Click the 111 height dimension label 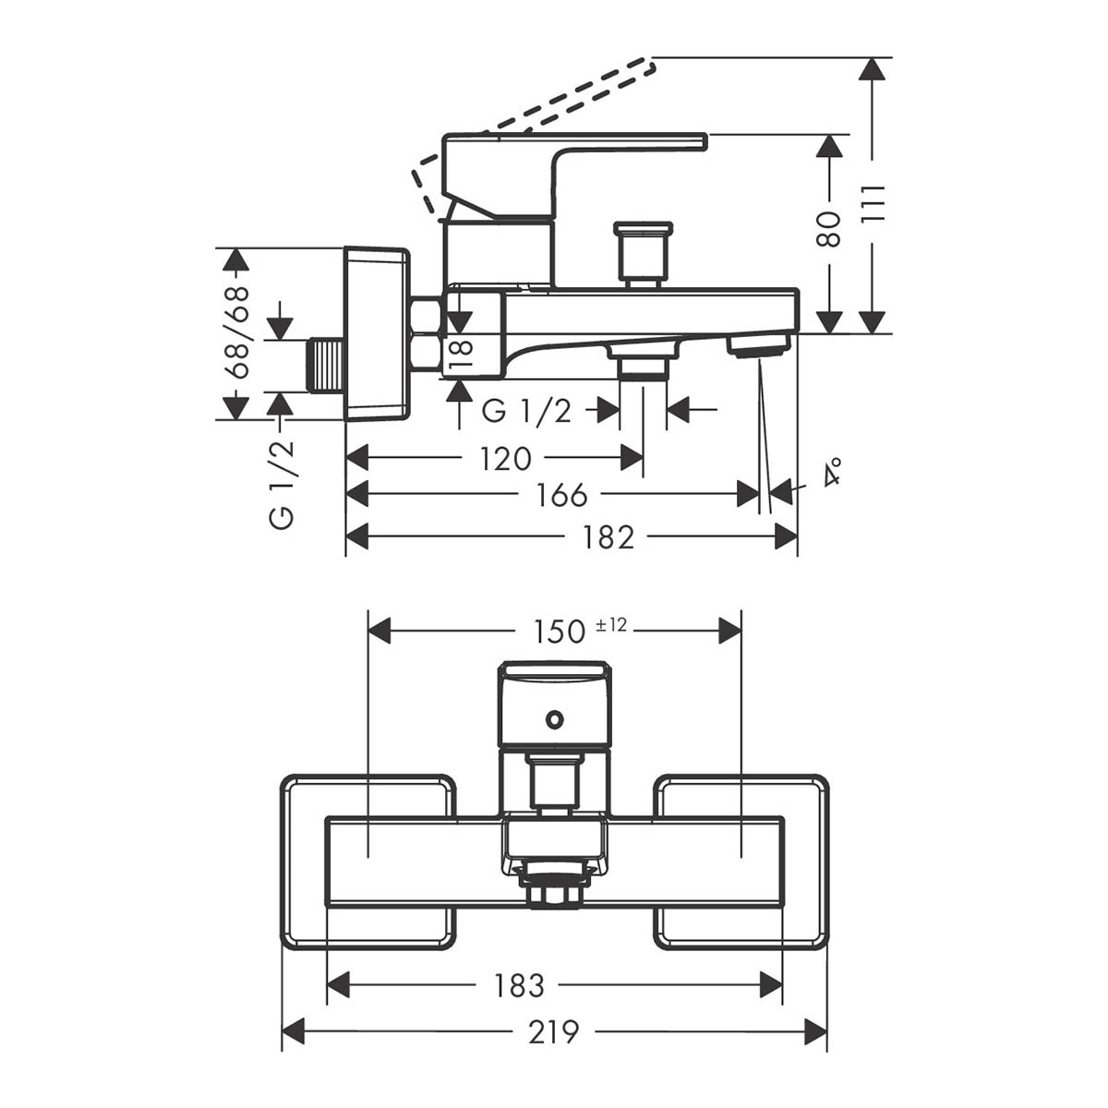(x=873, y=205)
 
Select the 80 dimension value (x=828, y=229)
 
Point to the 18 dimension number (x=461, y=355)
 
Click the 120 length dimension (x=505, y=459)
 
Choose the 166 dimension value (x=561, y=495)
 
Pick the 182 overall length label (x=608, y=537)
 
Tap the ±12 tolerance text (x=611, y=625)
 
